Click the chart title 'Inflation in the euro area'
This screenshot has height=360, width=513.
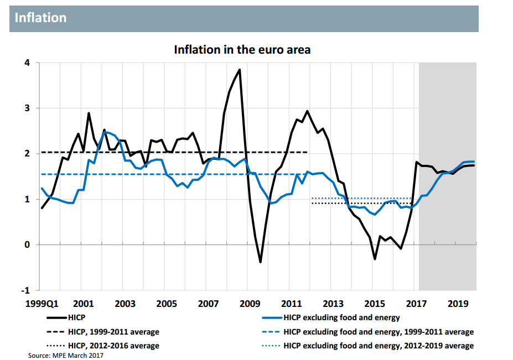(242, 50)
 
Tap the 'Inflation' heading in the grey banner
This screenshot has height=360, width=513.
(40, 18)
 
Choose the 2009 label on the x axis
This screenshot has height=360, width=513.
(250, 304)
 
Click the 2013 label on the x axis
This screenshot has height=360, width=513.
(333, 304)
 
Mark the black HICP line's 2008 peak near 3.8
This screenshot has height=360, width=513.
(239, 70)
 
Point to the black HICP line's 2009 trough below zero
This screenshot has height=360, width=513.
(260, 262)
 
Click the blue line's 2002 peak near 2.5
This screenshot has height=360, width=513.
(105, 132)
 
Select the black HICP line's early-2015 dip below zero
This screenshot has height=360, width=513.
(375, 259)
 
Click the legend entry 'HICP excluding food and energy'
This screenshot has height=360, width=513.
(341, 317)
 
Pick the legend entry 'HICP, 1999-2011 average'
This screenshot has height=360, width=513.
(113, 332)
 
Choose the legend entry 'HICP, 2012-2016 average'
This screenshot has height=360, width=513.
(113, 346)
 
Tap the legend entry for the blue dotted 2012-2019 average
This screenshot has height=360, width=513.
(379, 346)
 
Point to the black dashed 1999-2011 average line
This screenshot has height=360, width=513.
(166, 152)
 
